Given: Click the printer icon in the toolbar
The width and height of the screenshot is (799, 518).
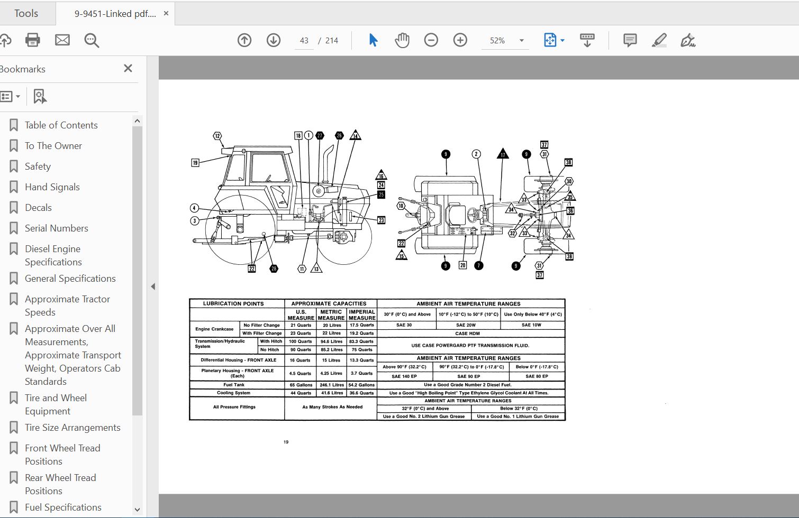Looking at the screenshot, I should [x=33, y=40].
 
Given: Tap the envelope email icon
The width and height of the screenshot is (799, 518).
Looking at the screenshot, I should [x=62, y=40].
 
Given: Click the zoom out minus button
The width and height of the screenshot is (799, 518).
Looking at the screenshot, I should [x=431, y=40].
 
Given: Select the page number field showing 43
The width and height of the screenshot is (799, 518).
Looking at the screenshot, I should [x=304, y=41].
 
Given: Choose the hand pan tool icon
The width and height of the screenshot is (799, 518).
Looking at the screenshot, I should [x=402, y=40].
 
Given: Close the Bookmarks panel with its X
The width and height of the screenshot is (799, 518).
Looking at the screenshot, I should [x=128, y=68].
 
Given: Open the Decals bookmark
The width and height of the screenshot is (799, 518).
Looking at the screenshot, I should [x=38, y=208].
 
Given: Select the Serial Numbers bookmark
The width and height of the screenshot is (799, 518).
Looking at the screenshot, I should [x=56, y=228].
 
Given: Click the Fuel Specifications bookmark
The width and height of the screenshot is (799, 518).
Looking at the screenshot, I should [x=63, y=507].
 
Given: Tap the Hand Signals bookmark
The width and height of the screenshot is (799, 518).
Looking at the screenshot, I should [x=52, y=187].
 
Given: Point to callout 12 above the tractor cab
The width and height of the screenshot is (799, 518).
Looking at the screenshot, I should [x=217, y=136].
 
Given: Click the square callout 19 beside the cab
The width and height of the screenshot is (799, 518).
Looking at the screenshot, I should [x=195, y=163].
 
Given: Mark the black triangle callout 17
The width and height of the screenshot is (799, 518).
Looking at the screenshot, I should [x=503, y=154].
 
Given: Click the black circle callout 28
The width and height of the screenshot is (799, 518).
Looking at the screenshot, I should [x=274, y=269].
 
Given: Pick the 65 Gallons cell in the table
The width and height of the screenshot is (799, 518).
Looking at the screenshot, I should [x=301, y=385].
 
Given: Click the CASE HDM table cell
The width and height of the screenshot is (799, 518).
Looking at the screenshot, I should [x=468, y=334].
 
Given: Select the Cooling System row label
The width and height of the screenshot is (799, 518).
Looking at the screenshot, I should [x=233, y=393].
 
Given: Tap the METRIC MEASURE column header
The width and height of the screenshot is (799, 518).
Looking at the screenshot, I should [x=331, y=315].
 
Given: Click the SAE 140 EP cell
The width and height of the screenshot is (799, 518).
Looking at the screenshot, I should [x=404, y=376].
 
